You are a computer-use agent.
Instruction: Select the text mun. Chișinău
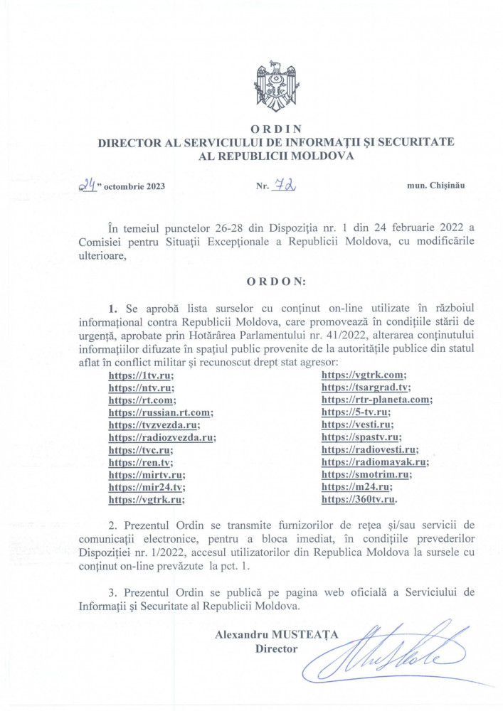click(x=435, y=186)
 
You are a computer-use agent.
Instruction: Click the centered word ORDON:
click(x=275, y=282)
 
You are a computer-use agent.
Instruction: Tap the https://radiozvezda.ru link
click(x=161, y=437)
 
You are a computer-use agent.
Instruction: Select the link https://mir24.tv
click(x=145, y=487)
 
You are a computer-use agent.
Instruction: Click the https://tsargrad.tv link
click(x=365, y=387)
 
